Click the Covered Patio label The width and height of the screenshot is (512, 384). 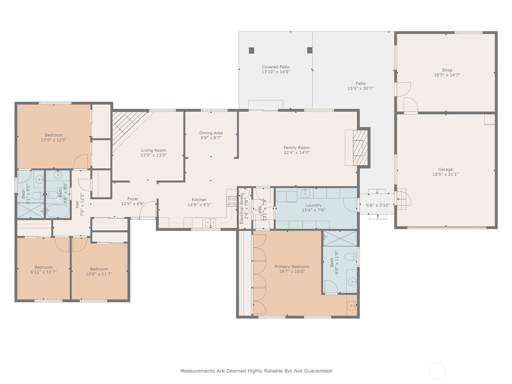click(276, 67)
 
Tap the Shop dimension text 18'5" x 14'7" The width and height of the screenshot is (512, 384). click(447, 75)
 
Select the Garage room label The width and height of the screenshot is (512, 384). click(445, 170)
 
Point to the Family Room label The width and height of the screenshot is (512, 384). click(296, 148)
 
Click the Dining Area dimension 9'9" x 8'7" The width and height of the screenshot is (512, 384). click(211, 138)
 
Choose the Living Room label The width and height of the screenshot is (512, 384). click(154, 150)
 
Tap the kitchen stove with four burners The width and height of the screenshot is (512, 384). click(232, 202)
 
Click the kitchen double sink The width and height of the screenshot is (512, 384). click(210, 222)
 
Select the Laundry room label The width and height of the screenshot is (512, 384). click(314, 205)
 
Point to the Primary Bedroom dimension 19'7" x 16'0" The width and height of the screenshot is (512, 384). click(292, 271)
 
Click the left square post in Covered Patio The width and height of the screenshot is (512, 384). click(252, 51)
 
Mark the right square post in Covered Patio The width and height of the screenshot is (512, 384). click(309, 50)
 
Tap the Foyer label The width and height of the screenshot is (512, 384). click(133, 199)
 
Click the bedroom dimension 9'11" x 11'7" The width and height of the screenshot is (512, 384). click(44, 272)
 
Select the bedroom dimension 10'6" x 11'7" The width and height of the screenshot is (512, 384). click(99, 274)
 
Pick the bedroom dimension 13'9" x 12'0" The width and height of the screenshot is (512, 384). click(54, 140)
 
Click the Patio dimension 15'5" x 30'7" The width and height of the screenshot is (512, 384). click(361, 88)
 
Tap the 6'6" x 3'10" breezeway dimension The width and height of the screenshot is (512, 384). click(378, 205)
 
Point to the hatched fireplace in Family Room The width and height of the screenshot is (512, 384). click(360, 148)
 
